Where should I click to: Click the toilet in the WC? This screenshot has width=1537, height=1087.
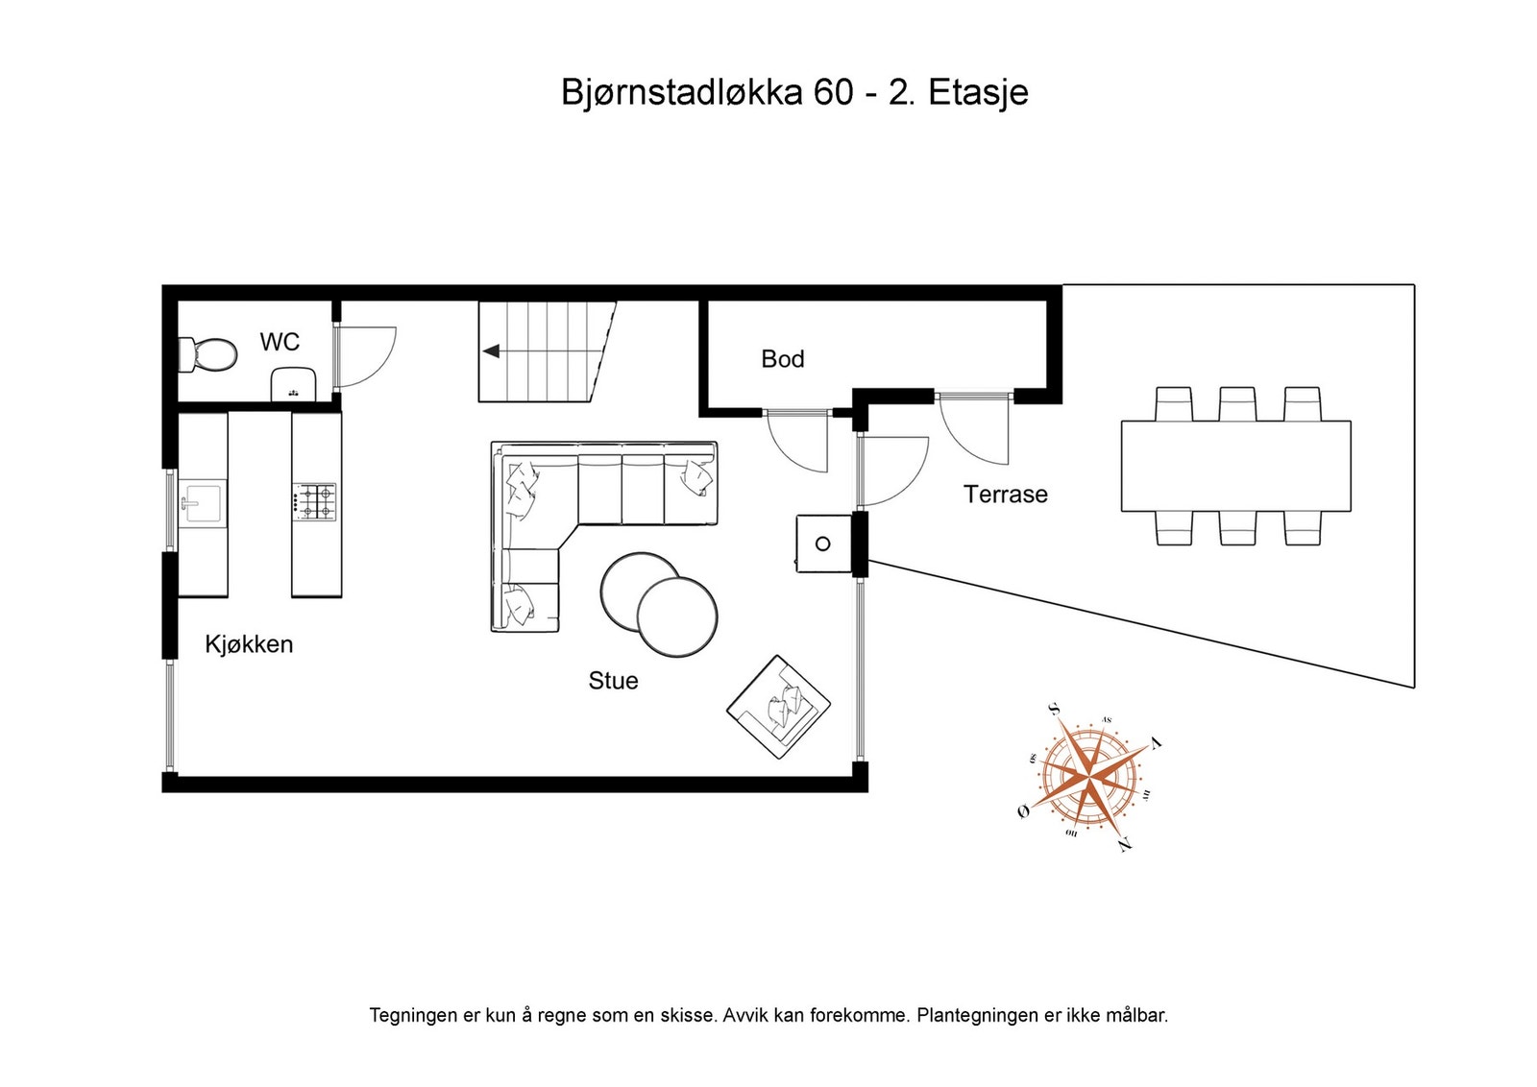tap(209, 353)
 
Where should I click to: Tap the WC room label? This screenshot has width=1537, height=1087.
tap(280, 342)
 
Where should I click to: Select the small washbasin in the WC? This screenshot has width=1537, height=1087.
tap(293, 386)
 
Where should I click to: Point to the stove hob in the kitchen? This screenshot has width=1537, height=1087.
tap(315, 502)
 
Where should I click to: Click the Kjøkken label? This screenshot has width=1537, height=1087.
tap(249, 644)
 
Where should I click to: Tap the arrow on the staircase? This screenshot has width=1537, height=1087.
tap(491, 351)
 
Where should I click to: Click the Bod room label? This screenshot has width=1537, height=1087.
tap(782, 359)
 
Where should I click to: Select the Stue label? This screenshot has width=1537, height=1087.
tap(613, 681)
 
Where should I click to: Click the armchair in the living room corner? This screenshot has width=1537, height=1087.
tap(779, 708)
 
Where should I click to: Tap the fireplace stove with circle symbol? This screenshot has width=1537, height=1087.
tap(823, 543)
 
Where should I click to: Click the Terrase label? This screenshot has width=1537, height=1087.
tap(1005, 495)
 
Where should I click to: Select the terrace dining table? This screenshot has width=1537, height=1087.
tap(1235, 466)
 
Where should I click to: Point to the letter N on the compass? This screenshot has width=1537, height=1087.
tap(1125, 844)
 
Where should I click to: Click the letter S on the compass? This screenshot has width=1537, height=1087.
tap(1054, 709)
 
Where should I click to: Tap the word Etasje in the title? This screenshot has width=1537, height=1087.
tap(978, 93)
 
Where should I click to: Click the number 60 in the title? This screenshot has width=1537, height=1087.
tap(833, 93)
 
